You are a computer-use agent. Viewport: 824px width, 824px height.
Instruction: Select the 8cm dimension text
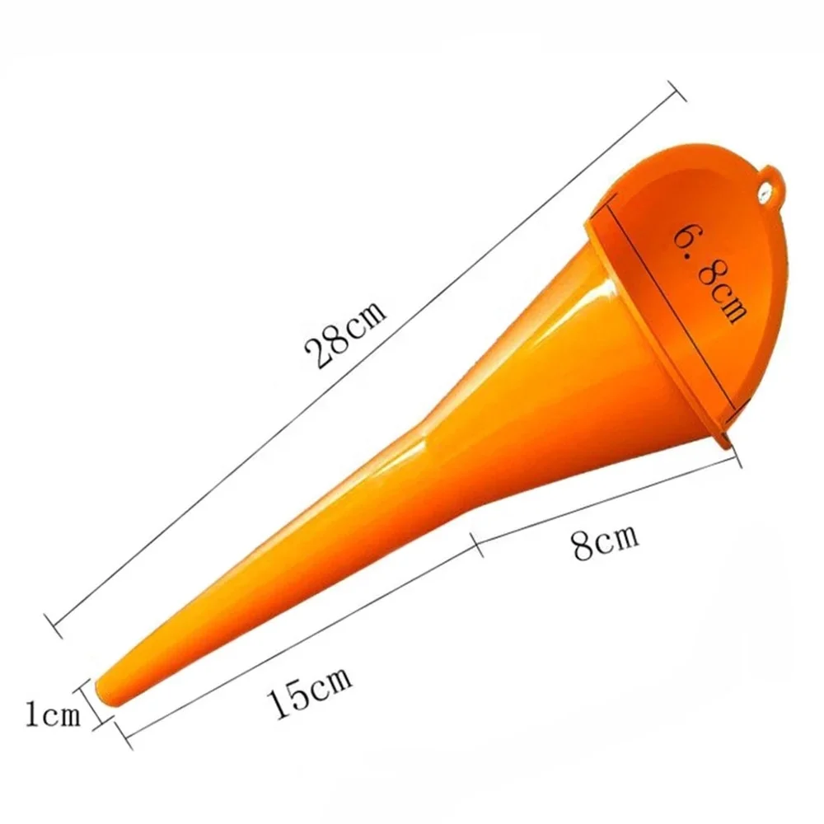[x=606, y=545]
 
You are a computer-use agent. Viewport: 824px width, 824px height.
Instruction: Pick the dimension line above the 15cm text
[x=297, y=634]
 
